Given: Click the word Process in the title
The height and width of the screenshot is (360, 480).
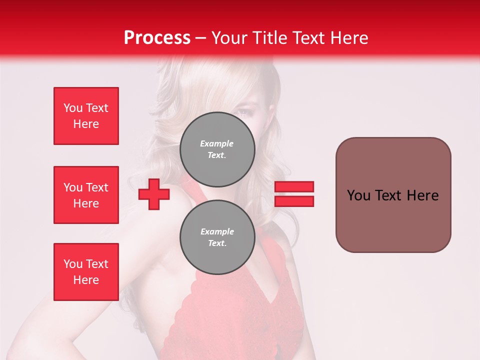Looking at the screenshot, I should click(157, 38).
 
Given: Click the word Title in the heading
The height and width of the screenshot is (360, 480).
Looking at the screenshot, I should click(269, 38).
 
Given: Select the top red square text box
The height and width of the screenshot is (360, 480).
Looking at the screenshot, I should click(86, 116).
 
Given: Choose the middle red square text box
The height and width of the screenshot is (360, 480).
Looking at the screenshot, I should click(86, 195).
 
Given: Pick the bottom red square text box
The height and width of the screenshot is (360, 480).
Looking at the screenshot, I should click(86, 272).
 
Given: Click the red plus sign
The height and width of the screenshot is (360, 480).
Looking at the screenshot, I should click(154, 194).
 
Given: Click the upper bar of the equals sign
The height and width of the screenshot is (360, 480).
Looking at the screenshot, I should click(294, 186).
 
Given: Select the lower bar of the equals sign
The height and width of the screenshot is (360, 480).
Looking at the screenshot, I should click(294, 201).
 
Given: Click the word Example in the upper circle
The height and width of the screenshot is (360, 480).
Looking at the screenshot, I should click(216, 143).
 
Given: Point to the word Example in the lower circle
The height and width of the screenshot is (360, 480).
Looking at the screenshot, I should click(217, 231).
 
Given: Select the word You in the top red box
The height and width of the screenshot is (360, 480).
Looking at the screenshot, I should click(73, 108).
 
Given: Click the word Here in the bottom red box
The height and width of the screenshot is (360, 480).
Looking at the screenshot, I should click(86, 280).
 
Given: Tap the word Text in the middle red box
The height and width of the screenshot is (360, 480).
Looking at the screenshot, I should click(97, 187).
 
